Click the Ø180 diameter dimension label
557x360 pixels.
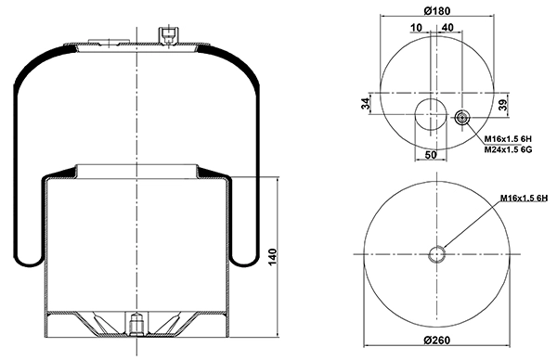point(437,10)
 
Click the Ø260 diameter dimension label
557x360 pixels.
point(437,341)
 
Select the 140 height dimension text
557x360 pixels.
point(272,257)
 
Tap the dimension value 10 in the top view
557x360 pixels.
point(416,27)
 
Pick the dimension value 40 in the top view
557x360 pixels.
point(448,27)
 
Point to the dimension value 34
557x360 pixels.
point(366,104)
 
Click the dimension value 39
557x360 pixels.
point(503,104)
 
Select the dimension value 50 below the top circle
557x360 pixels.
point(431,155)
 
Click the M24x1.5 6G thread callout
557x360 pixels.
point(509,149)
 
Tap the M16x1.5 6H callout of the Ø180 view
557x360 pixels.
point(509,139)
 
